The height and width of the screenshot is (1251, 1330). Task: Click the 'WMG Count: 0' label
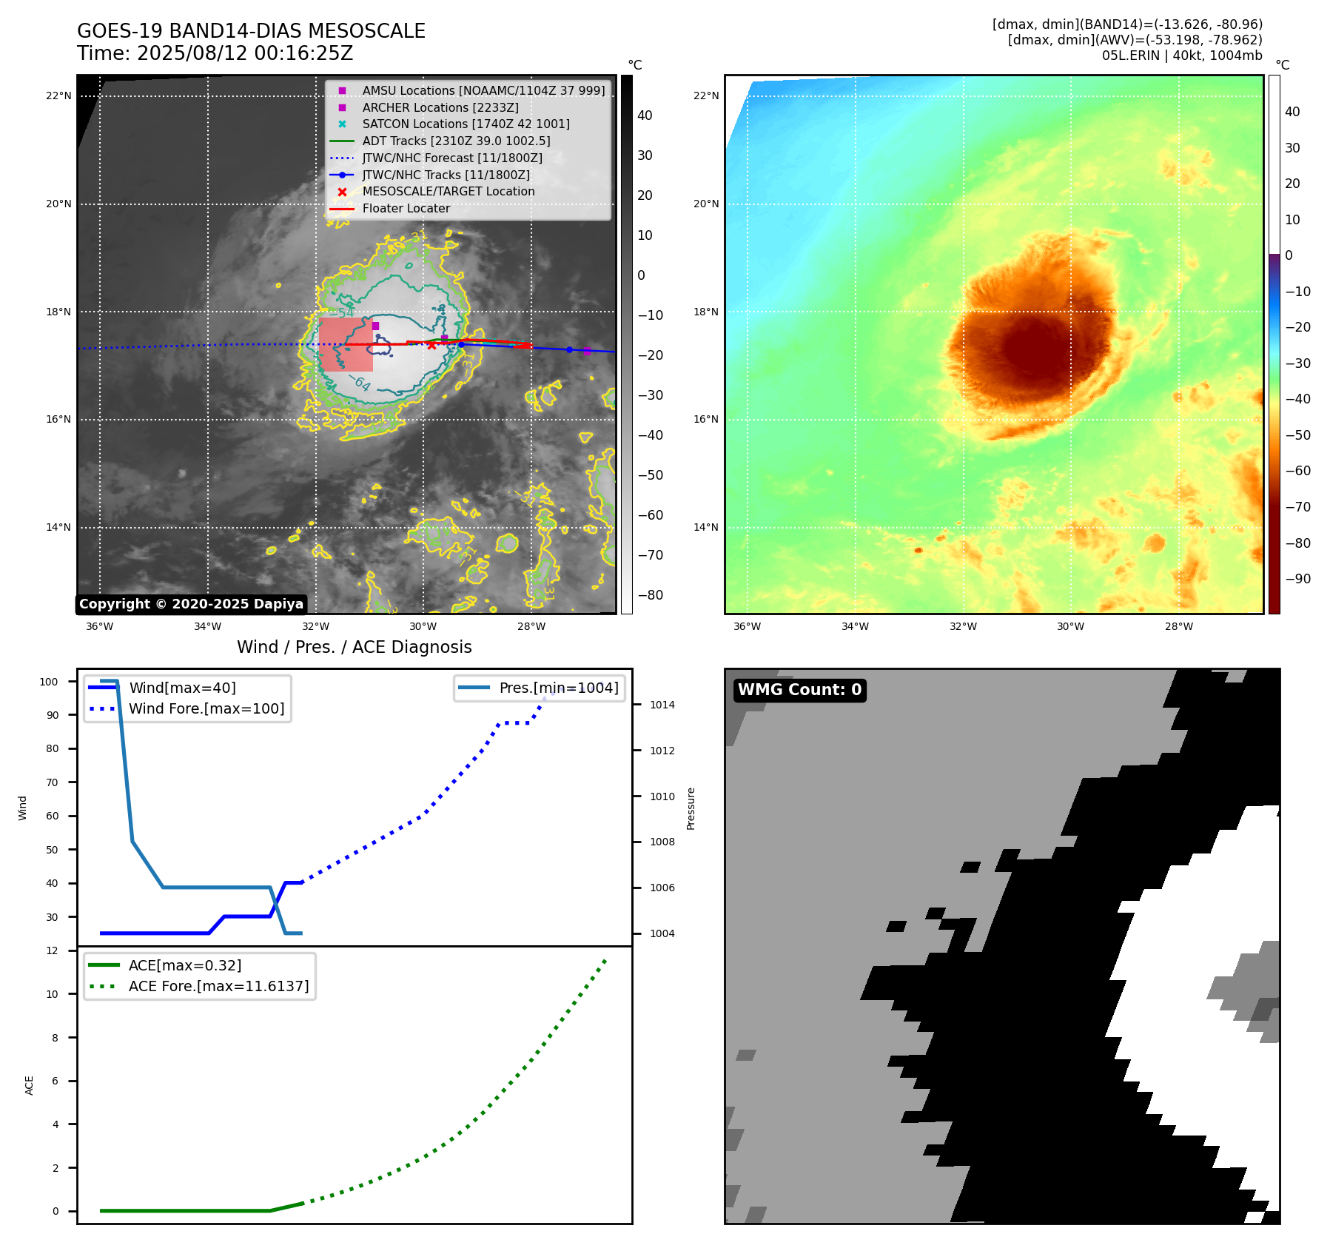click(799, 690)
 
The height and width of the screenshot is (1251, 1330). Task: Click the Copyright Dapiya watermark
click(191, 604)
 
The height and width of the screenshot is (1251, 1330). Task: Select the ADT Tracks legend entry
click(456, 141)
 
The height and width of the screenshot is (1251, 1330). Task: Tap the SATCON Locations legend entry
click(466, 124)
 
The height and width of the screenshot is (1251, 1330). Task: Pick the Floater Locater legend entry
click(406, 208)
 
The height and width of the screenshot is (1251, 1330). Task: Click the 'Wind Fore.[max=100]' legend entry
click(206, 708)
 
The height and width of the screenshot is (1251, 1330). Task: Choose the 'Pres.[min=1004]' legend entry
click(558, 688)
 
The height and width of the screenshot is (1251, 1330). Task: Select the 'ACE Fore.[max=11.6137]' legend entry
click(218, 986)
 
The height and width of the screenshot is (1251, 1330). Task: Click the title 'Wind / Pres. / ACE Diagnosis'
click(354, 647)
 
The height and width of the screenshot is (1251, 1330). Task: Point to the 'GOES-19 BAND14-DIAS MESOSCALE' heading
click(251, 31)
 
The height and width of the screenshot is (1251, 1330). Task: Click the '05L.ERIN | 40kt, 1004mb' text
click(1181, 56)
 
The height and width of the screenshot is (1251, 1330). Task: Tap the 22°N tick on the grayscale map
click(58, 95)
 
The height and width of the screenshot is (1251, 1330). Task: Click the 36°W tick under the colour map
click(747, 626)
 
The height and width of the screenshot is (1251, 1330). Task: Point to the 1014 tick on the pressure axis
click(662, 705)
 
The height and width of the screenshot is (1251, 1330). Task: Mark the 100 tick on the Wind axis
click(49, 682)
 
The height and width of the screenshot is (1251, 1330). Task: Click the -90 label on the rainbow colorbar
click(1297, 579)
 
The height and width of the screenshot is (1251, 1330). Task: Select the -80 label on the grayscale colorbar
click(651, 595)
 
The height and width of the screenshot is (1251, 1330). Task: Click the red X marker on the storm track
click(431, 346)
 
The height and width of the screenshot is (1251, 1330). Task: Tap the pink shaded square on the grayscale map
click(346, 344)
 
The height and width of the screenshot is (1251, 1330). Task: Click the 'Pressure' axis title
click(691, 808)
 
